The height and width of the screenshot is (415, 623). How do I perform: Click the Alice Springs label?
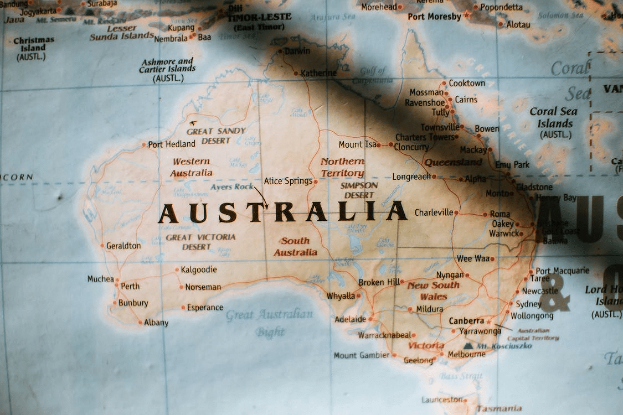click(x=288, y=181)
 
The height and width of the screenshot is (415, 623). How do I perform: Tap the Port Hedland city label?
click(x=171, y=144)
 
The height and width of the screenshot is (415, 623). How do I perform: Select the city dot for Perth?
click(x=117, y=286)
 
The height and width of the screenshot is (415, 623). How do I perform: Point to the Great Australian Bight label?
click(x=270, y=323)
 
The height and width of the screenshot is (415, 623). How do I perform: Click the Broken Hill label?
click(x=378, y=282)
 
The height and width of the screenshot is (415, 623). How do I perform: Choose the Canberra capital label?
click(x=466, y=321)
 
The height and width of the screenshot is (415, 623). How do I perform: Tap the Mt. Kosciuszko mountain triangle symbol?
click(x=468, y=346)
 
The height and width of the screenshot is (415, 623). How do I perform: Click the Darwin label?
click(x=297, y=51)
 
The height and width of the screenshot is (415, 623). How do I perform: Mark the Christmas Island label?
click(x=33, y=48)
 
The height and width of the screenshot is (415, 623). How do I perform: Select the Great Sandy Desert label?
click(x=215, y=136)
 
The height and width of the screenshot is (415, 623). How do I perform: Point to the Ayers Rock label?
click(x=231, y=187)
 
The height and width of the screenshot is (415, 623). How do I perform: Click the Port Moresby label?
click(x=434, y=17)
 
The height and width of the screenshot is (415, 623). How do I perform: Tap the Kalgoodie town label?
click(x=199, y=269)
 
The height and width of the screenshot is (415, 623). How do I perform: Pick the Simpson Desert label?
click(x=359, y=190)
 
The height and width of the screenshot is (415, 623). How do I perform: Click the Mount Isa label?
click(x=357, y=144)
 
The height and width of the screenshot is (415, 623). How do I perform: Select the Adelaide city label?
click(x=350, y=319)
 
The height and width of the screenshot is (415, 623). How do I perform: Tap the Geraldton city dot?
click(x=102, y=245)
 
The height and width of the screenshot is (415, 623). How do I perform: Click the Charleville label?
click(x=434, y=212)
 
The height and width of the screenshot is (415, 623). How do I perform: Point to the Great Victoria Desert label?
click(x=200, y=242)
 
